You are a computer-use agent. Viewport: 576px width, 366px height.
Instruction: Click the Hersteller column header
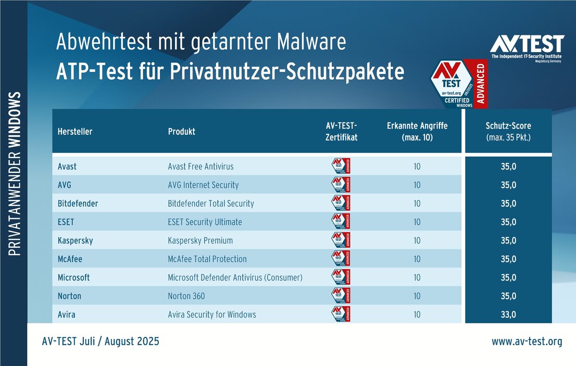[75, 132]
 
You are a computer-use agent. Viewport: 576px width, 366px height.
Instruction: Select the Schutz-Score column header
[508, 132]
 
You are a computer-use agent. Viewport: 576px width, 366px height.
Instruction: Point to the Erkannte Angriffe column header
[417, 132]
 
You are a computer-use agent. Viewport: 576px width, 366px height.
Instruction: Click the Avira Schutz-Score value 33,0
[508, 314]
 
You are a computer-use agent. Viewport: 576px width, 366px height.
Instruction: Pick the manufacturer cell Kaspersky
[76, 241]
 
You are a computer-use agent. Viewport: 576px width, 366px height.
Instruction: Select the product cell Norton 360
[186, 296]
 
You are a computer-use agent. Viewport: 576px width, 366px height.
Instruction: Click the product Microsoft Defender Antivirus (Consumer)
[235, 277]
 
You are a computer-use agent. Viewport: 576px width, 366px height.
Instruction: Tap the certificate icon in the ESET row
[341, 221]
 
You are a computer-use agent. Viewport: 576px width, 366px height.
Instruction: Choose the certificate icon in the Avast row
[341, 166]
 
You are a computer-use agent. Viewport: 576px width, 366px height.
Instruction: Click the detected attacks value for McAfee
[417, 259]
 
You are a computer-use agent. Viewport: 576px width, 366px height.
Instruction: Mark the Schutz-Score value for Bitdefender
[508, 204]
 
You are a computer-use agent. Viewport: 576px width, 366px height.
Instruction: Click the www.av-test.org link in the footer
[527, 342]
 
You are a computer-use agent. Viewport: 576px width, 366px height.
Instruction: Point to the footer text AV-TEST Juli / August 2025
[101, 342]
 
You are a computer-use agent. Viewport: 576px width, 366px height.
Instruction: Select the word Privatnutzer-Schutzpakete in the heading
[287, 72]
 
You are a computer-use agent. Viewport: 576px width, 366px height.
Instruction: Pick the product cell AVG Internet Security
[203, 185]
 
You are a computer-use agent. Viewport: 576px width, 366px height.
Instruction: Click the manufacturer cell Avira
[67, 314]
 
